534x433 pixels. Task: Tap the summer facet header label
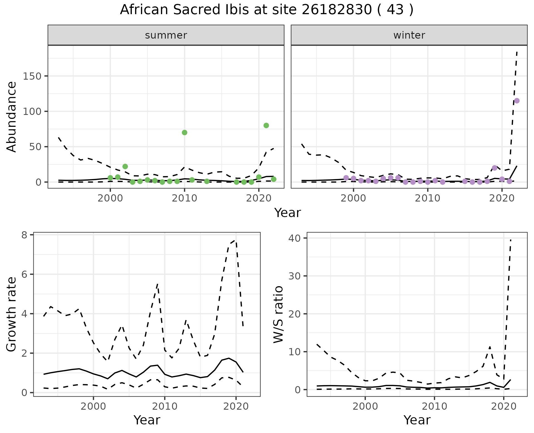(x=166, y=35)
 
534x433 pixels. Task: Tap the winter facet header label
(x=409, y=35)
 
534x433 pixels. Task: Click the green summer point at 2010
(x=184, y=132)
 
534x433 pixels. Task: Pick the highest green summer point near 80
(x=266, y=125)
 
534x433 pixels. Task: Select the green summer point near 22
(x=125, y=167)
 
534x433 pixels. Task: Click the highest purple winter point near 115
(x=517, y=101)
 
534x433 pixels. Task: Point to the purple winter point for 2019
(x=495, y=168)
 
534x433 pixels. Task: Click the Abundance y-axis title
(x=12, y=117)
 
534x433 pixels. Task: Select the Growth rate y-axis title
(x=12, y=314)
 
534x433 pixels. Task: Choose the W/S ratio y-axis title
(x=278, y=314)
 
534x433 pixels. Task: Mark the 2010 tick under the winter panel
(x=427, y=198)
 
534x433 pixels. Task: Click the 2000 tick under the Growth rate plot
(x=93, y=406)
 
